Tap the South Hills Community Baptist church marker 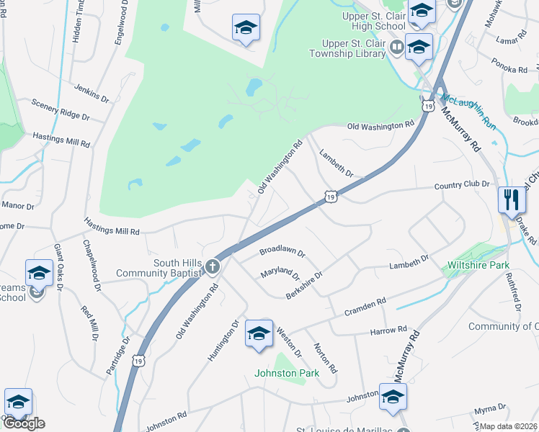(212, 267)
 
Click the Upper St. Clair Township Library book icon (396, 48)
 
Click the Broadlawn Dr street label (282, 253)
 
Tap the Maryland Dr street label (280, 274)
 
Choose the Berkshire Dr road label (304, 284)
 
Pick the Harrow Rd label (389, 330)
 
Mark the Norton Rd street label (325, 357)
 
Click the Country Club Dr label (462, 186)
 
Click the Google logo (24, 423)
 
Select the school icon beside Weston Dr (258, 333)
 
